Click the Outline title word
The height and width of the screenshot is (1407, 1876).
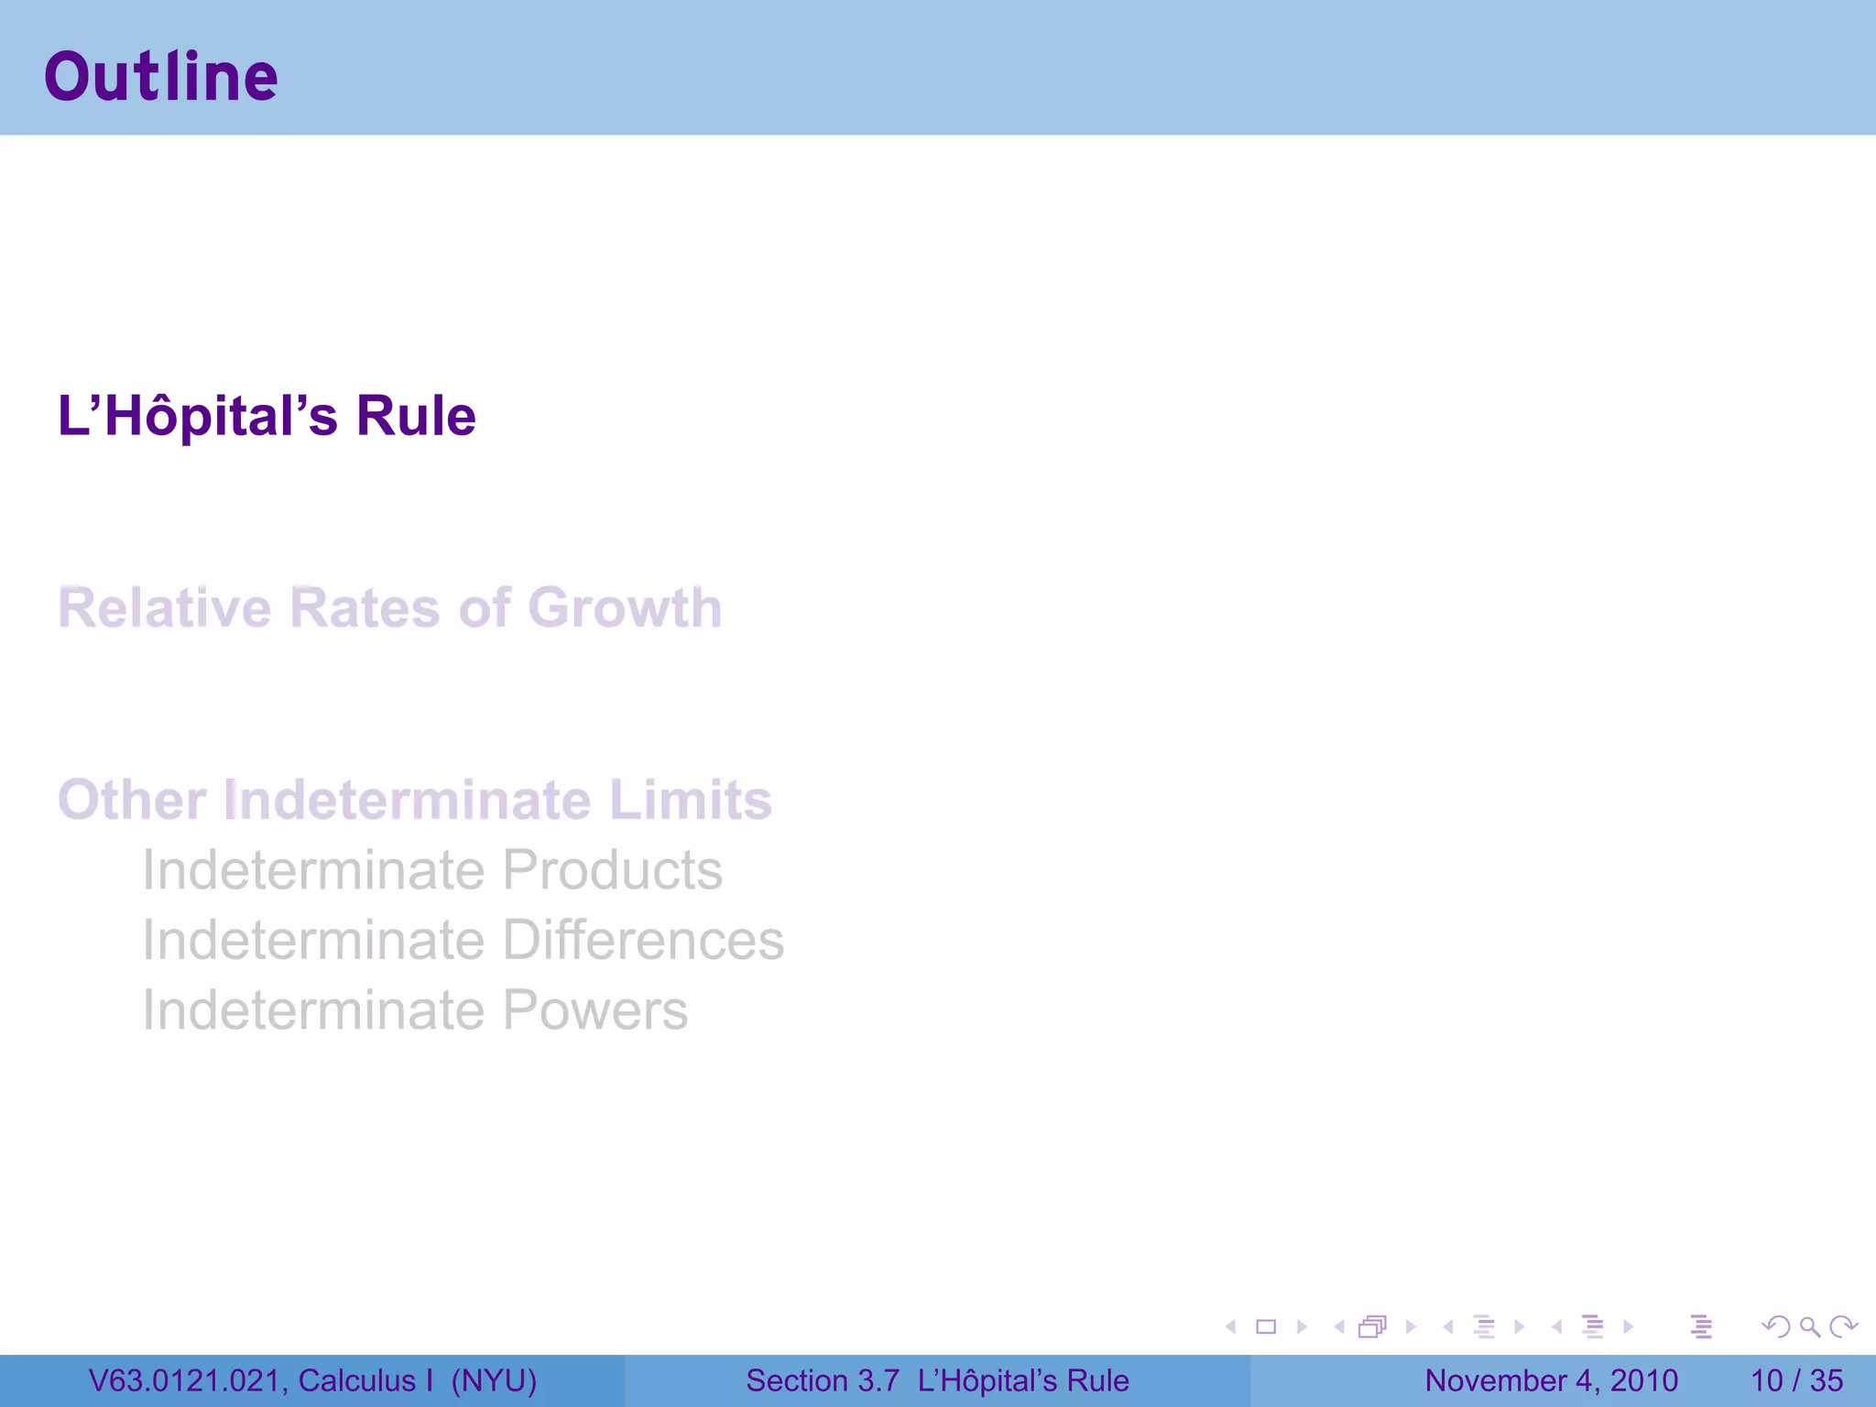coord(161,77)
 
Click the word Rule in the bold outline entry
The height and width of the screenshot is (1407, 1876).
coord(416,416)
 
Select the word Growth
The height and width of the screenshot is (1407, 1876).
coord(625,608)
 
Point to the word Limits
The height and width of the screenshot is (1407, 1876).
coord(691,800)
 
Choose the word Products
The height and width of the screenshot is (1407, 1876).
coord(613,870)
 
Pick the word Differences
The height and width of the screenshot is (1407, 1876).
coord(644,940)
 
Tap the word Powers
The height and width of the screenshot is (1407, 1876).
coord(595,1010)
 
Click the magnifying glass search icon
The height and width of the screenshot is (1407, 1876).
coord(1809,1326)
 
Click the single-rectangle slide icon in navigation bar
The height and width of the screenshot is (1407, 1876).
coord(1266,1326)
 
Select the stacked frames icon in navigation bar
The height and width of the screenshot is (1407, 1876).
coord(1372,1326)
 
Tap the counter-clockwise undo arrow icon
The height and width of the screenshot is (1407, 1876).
coord(1776,1326)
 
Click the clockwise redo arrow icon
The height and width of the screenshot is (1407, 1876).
coord(1843,1326)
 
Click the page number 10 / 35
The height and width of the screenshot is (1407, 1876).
coord(1796,1380)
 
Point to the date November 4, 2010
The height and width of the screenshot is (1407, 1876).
coord(1551,1380)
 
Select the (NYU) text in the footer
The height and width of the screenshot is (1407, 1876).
coord(494,1380)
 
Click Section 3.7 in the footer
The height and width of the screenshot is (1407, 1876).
coord(822,1380)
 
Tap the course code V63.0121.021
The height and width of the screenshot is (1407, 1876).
coord(187,1380)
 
